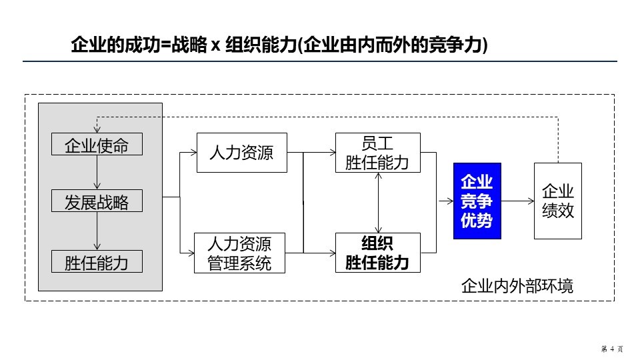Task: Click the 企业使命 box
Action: pos(97,145)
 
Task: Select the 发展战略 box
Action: pos(97,201)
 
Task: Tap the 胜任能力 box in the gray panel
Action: pos(97,261)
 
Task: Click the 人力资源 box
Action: pos(241,153)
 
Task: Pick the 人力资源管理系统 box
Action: pos(241,253)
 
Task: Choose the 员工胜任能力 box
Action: pos(378,153)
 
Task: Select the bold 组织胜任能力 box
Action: pos(378,253)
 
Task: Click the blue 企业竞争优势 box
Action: pos(477,201)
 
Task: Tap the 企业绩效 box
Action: pos(558,201)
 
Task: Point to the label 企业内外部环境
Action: pos(517,287)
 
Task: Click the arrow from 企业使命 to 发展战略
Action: pos(97,173)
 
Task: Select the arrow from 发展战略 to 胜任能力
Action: pos(97,231)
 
